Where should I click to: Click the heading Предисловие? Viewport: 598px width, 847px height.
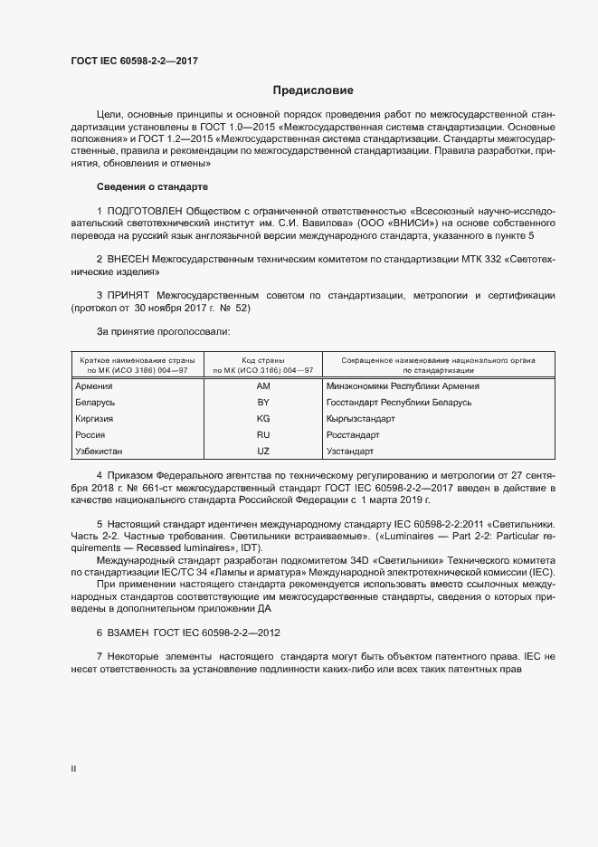tap(313, 90)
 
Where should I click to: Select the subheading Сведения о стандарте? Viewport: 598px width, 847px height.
tap(152, 186)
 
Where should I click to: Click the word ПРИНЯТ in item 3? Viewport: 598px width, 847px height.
tap(128, 296)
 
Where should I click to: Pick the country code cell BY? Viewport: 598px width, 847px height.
tap(263, 403)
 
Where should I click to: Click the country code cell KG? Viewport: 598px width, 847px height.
tap(263, 419)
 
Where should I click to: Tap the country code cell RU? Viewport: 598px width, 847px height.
tap(263, 435)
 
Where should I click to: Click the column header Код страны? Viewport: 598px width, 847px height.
tap(263, 360)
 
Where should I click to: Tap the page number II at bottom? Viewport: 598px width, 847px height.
tap(73, 768)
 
